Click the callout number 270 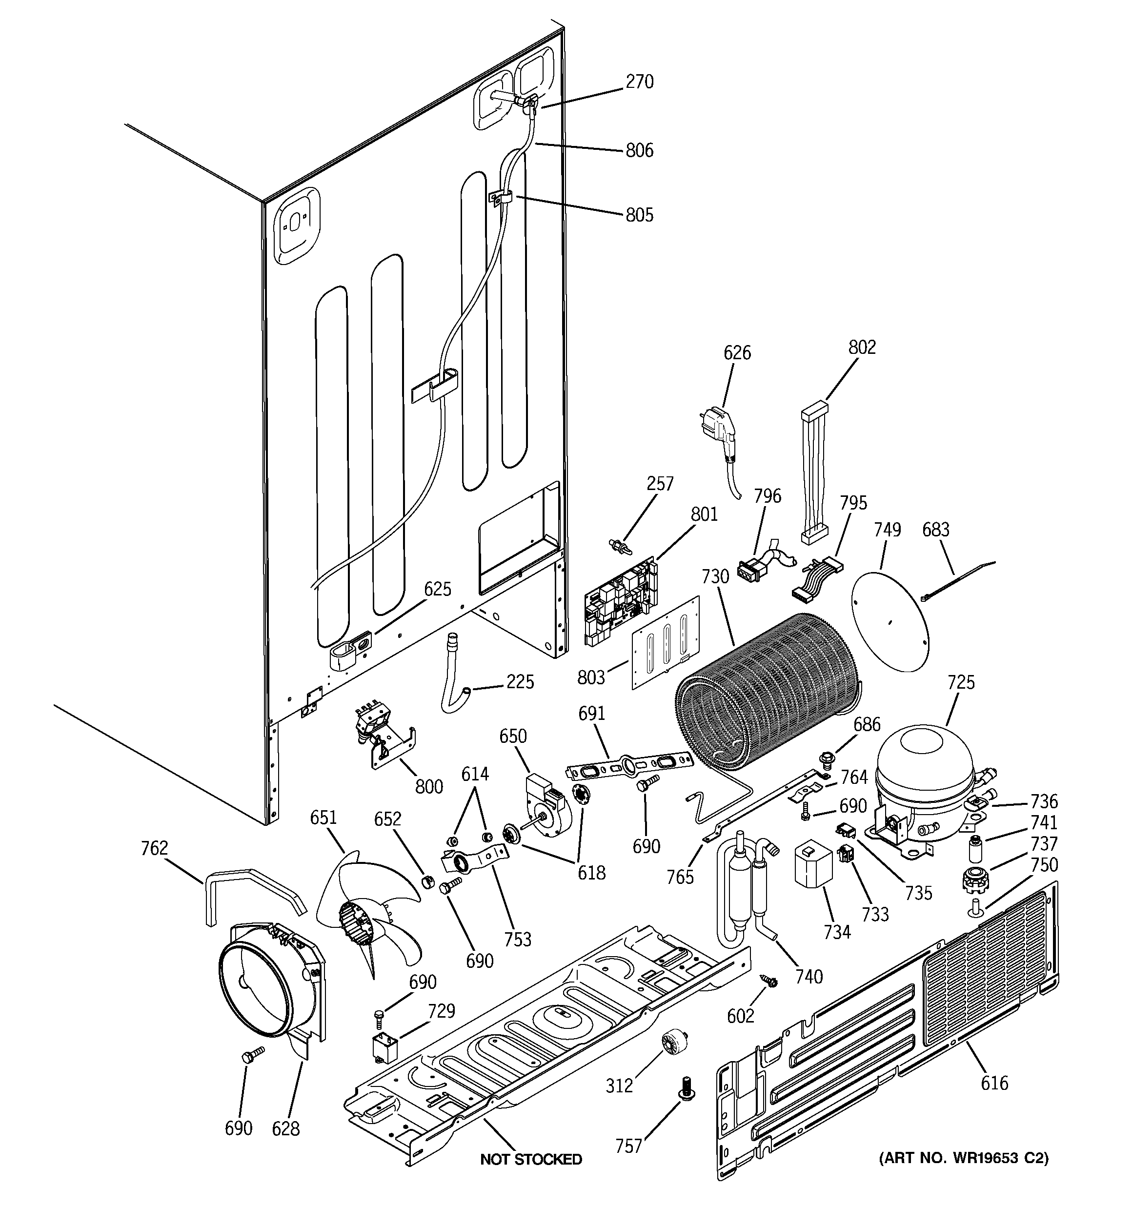click(x=639, y=82)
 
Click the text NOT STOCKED click(x=530, y=1159)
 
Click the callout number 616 click(x=994, y=1082)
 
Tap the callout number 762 click(x=154, y=848)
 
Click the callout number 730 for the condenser click(x=715, y=576)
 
